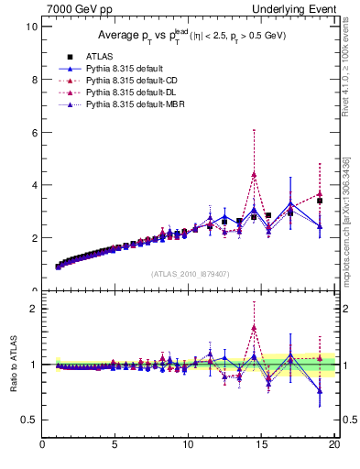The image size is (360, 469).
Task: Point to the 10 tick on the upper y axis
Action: click(31, 27)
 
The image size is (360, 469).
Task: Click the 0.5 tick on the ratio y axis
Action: click(29, 420)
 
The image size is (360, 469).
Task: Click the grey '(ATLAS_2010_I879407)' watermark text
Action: click(189, 272)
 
